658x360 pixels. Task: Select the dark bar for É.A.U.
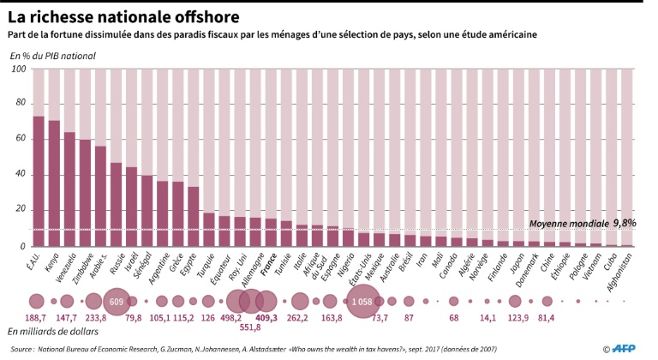click(x=39, y=181)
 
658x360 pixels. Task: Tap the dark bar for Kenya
click(x=54, y=183)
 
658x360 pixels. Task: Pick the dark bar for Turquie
click(x=208, y=229)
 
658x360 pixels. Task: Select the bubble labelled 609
click(x=117, y=301)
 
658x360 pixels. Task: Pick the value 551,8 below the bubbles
click(x=251, y=327)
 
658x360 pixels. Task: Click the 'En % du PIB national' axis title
click(x=53, y=56)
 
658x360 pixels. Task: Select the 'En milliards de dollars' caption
click(x=54, y=331)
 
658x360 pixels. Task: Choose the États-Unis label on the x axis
click(x=364, y=269)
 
